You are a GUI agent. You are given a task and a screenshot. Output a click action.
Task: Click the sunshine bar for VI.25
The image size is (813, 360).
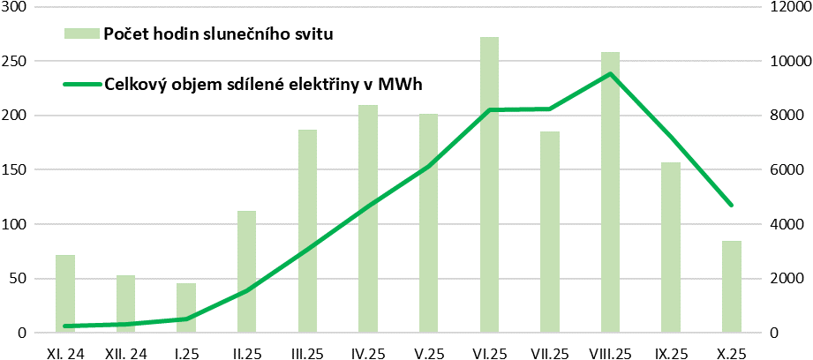coord(489,185)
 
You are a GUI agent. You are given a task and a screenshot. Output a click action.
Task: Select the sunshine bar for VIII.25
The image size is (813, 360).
coord(611,192)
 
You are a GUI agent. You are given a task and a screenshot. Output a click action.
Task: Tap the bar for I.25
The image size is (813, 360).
coord(186,308)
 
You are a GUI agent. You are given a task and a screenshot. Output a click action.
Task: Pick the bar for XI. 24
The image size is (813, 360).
coord(65,294)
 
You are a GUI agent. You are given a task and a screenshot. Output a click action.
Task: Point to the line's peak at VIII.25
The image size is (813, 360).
coord(610,74)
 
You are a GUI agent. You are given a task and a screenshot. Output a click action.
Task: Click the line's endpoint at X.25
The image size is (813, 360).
coord(732,205)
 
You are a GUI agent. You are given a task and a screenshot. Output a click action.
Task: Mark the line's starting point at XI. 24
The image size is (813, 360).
coord(65,326)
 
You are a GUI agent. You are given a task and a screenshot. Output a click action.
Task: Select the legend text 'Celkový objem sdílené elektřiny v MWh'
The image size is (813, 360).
coord(263,85)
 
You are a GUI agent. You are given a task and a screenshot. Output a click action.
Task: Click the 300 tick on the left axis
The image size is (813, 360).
coord(17,7)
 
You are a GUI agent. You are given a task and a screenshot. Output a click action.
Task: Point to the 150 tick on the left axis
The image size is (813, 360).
coord(17,169)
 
